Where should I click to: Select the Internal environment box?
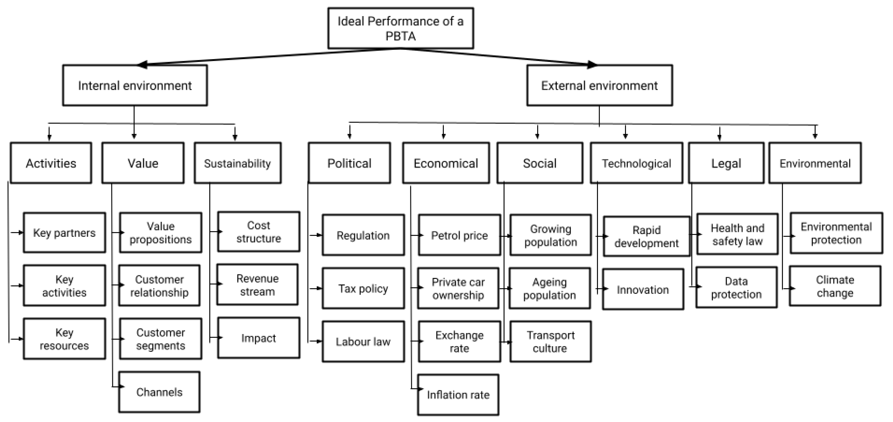pos(135,85)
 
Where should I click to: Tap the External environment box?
pos(599,85)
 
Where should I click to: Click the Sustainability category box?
pos(237,163)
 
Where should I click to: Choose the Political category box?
pos(349,163)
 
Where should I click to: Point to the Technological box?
pos(636,163)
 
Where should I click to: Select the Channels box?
pos(159,392)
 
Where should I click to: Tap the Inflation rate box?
pos(458,395)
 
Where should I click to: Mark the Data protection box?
pos(736,287)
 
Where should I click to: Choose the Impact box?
pos(259,338)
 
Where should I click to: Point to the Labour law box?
pos(363,342)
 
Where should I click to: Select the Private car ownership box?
pos(458,288)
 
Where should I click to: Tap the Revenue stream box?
pos(257,285)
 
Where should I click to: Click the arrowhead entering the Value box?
pos(134,136)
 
